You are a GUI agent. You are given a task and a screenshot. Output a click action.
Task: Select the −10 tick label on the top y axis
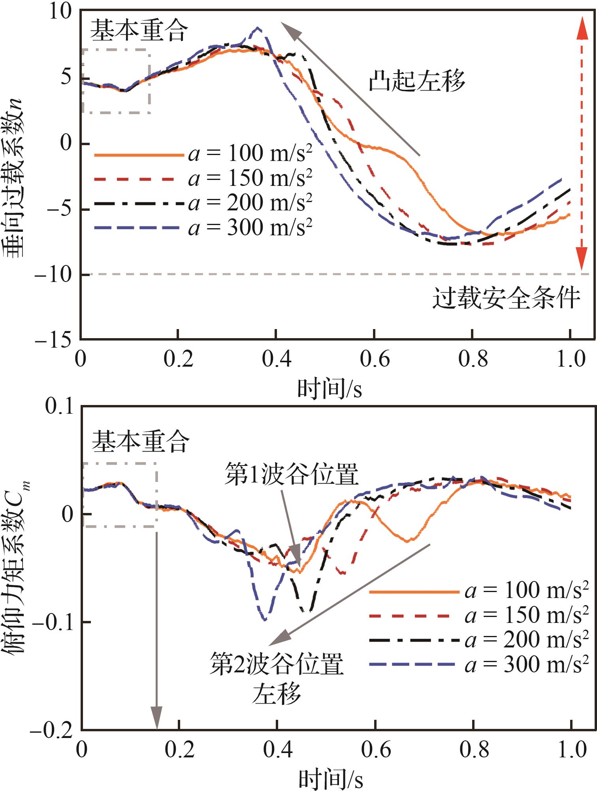click(x=54, y=274)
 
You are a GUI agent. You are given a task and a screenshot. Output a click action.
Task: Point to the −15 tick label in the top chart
click(x=54, y=340)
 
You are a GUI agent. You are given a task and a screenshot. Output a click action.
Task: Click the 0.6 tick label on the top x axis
click(x=374, y=359)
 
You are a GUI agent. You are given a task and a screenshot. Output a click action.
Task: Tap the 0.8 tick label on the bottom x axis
click(x=474, y=750)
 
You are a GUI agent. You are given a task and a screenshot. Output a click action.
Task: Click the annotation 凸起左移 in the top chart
click(x=416, y=81)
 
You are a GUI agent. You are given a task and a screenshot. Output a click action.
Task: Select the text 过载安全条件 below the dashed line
click(x=506, y=298)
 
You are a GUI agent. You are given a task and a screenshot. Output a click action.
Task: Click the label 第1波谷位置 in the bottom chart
click(x=292, y=474)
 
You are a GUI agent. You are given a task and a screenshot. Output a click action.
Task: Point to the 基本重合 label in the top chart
click(x=139, y=31)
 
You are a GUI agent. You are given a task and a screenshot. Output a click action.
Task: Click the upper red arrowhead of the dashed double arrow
click(x=582, y=29)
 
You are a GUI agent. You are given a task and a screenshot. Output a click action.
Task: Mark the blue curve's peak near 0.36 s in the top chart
click(x=258, y=28)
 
